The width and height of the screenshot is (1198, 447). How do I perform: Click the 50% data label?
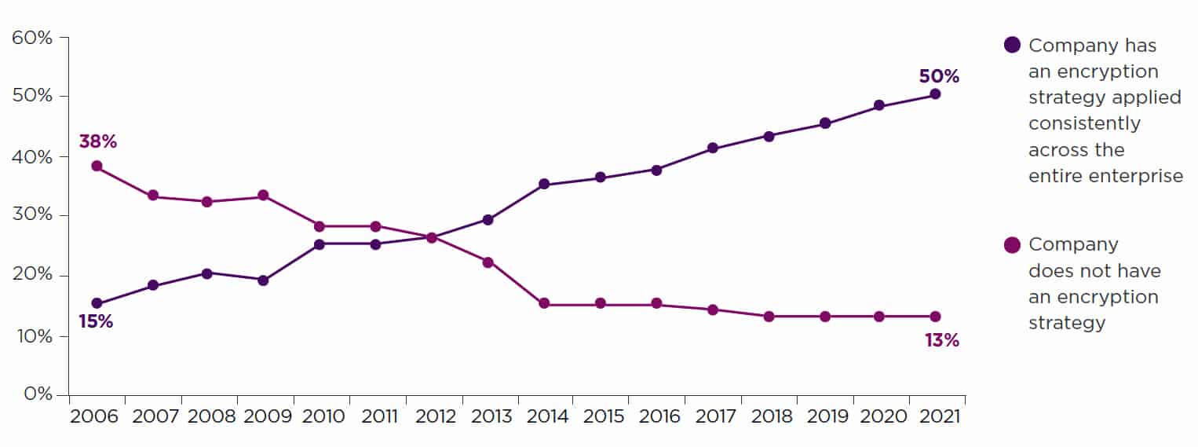[x=939, y=76]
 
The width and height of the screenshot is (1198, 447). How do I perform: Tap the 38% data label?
[x=98, y=141]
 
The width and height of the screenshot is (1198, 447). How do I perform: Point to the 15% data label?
[x=95, y=321]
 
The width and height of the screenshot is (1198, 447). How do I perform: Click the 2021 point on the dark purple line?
[x=935, y=94]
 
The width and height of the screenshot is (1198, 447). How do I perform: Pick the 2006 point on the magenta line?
[x=97, y=166]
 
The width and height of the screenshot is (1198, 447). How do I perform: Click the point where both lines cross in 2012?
[x=431, y=237]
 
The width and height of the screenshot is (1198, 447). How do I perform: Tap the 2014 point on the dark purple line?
[x=543, y=185]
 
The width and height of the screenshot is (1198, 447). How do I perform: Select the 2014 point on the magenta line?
[x=543, y=304]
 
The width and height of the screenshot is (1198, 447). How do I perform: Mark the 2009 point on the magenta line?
[x=263, y=196]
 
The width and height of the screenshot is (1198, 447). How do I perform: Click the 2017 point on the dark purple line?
[x=712, y=148]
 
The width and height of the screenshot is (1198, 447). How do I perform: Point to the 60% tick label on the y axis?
[x=31, y=37]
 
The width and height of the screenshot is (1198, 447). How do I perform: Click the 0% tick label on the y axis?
[x=36, y=394]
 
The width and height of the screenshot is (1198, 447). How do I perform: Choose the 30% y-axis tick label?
[x=31, y=216]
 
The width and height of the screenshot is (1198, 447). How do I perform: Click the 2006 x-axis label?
[x=93, y=416]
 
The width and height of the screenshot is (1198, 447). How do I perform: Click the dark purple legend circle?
[x=1012, y=45]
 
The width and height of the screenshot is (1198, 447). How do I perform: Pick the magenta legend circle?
[x=1012, y=245]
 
